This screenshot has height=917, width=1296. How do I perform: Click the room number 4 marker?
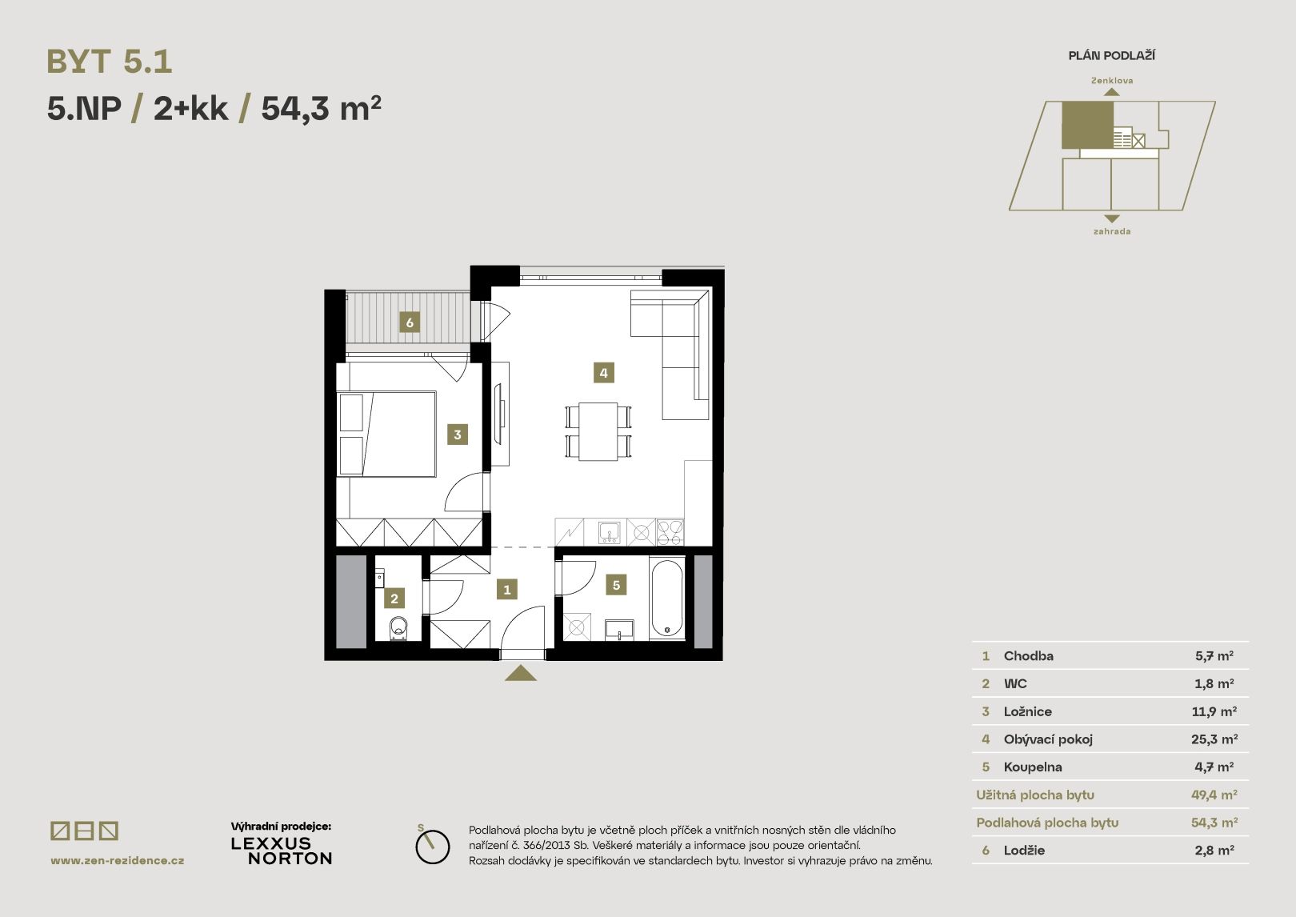603,373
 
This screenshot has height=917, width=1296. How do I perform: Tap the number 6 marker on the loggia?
410,322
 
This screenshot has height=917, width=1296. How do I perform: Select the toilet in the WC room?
398,628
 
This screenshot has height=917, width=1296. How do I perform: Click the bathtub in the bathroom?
667,598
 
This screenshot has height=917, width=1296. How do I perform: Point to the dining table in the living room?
598,431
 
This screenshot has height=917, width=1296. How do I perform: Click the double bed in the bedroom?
387,434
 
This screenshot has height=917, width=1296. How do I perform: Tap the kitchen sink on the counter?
609,531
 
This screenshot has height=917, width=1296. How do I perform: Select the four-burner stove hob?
670,531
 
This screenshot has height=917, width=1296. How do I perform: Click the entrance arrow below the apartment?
521,673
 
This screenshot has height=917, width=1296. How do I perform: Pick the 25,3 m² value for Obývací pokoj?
1214,739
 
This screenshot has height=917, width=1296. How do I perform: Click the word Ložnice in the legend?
1027,711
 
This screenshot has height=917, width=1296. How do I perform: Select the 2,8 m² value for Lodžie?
1214,851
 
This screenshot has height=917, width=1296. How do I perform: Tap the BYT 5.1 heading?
110,62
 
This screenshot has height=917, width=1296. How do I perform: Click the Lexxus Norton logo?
282,851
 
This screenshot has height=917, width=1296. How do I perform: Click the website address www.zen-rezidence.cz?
118,860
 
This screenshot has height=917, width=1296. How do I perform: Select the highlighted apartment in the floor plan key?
1087,124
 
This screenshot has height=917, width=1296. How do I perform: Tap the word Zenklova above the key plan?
1112,81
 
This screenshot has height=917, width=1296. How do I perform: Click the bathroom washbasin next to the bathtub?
619,630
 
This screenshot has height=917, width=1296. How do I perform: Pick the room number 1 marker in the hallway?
507,590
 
